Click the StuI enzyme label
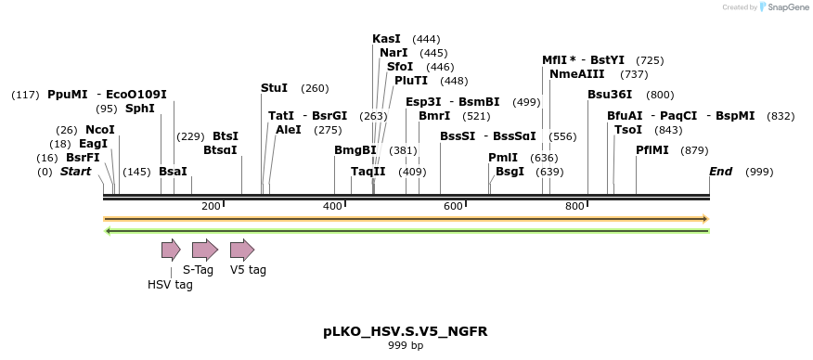[274, 88]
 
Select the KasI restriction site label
[386, 39]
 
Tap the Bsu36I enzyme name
[610, 95]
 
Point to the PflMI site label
[652, 150]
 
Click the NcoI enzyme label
[100, 130]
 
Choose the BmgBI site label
[355, 150]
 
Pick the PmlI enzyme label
[503, 158]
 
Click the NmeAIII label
[577, 74]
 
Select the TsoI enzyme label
[628, 130]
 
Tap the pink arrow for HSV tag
[171, 250]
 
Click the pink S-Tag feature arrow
[204, 250]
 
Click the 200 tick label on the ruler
[211, 206]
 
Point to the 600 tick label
[453, 206]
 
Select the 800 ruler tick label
[574, 206]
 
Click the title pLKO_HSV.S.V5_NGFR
[406, 331]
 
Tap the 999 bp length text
[406, 346]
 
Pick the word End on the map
[720, 172]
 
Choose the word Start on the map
[76, 172]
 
